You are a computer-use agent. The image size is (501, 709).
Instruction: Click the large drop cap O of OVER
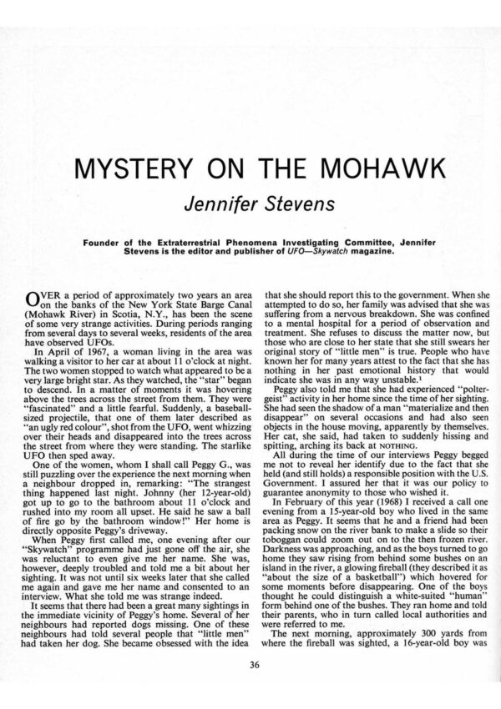point(34,299)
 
